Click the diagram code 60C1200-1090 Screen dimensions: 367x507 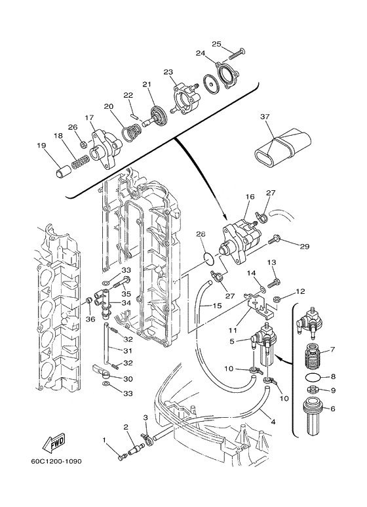click(x=56, y=461)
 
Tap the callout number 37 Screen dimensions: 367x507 click(x=265, y=116)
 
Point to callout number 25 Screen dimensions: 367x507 click(x=216, y=44)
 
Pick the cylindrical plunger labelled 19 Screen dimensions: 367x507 click(x=62, y=171)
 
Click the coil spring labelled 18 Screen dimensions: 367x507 click(x=80, y=161)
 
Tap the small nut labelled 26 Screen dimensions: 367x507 click(x=83, y=144)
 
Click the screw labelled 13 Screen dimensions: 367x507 click(x=273, y=282)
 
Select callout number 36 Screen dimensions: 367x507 click(x=90, y=319)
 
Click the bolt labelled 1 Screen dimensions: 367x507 click(x=122, y=458)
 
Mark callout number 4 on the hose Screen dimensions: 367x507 click(x=273, y=422)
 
